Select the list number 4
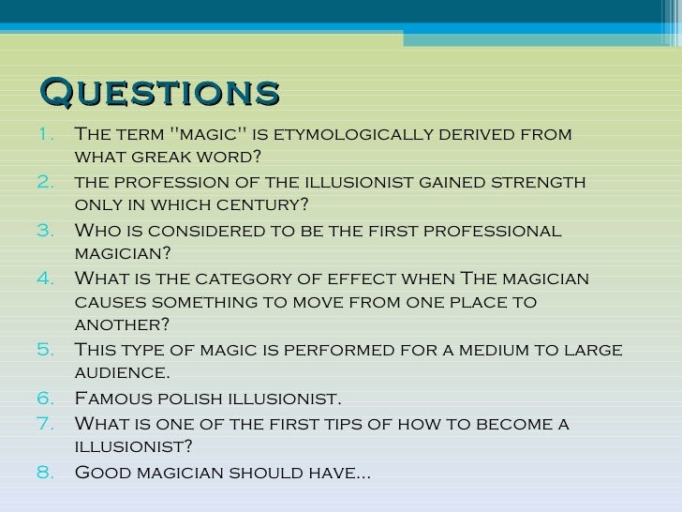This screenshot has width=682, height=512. tap(48, 279)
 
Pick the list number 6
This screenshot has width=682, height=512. tap(48, 399)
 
